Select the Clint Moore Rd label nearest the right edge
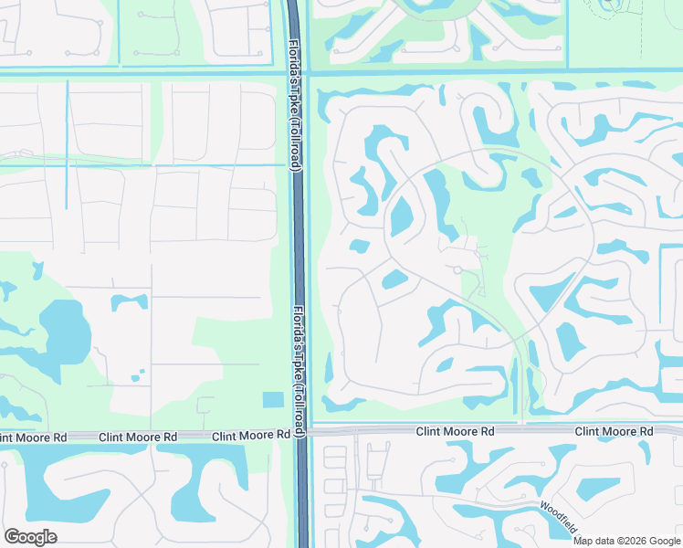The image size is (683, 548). tap(615, 430)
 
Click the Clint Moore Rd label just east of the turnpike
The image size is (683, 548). tap(456, 430)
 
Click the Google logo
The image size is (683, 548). tap(30, 537)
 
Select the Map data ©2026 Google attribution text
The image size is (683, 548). tap(627, 540)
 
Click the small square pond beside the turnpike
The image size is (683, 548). tap(272, 399)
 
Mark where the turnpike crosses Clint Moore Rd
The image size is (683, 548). tap(301, 431)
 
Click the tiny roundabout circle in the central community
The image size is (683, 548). tap(457, 269)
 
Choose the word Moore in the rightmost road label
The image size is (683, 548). tap(614, 430)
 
